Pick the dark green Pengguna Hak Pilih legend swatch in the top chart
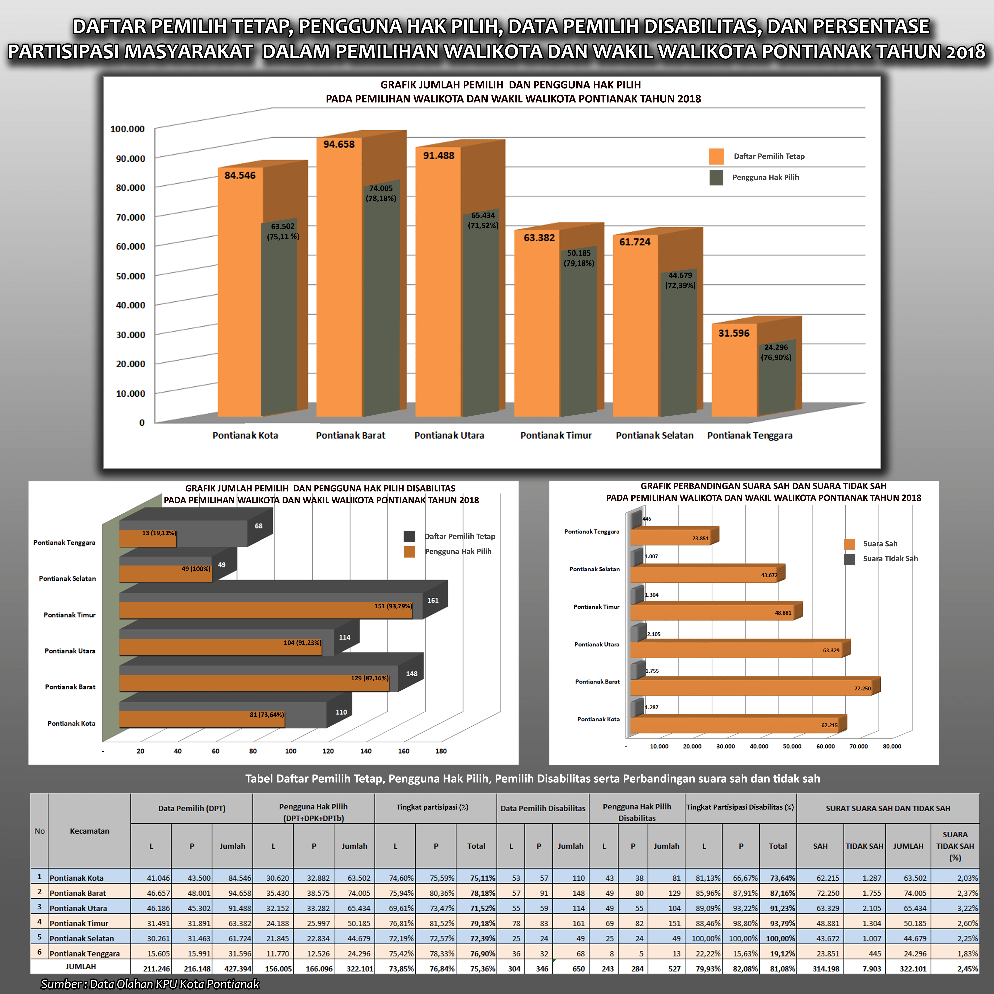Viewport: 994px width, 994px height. click(x=716, y=178)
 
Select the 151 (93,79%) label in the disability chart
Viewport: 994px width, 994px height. click(x=393, y=606)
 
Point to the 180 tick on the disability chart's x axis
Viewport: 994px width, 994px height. click(x=441, y=751)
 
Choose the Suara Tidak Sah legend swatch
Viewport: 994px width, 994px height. click(x=849, y=559)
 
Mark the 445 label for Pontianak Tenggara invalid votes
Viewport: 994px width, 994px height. click(x=647, y=519)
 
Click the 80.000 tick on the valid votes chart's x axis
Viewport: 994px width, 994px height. click(x=892, y=746)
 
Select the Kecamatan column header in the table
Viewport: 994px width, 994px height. click(x=89, y=831)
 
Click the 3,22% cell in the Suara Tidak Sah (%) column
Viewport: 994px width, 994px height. click(x=967, y=908)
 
